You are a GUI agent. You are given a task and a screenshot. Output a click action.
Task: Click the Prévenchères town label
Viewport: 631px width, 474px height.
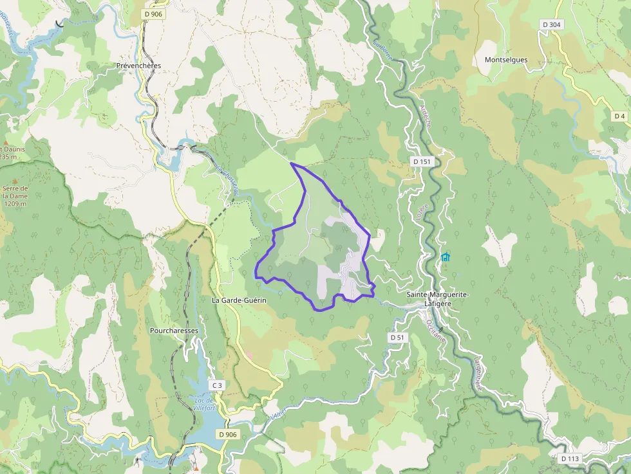(x=138, y=66)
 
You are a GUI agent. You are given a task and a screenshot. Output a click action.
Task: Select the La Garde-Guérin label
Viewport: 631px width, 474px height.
(x=238, y=300)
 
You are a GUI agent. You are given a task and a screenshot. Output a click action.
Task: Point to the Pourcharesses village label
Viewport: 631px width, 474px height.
(x=174, y=331)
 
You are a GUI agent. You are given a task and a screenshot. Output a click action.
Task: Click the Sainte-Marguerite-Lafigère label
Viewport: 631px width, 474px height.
(x=437, y=299)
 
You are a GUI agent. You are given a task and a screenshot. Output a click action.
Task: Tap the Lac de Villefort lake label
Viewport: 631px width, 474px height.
(x=203, y=404)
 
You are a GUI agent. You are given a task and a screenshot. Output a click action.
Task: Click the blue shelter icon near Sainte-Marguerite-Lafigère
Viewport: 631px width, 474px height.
(x=446, y=257)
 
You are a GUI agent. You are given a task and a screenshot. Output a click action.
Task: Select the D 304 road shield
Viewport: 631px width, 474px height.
(x=552, y=24)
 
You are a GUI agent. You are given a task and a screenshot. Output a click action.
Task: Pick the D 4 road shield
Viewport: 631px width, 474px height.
(x=619, y=116)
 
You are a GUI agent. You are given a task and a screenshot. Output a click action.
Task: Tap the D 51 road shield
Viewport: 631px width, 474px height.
(x=397, y=338)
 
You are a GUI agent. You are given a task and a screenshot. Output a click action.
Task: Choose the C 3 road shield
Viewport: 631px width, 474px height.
(x=216, y=386)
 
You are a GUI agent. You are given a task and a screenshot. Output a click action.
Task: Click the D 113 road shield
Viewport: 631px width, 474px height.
(x=570, y=459)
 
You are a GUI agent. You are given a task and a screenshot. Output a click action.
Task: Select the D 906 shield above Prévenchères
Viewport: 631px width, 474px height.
(x=153, y=14)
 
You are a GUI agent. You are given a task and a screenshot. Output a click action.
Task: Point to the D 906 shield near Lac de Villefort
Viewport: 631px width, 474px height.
(x=228, y=435)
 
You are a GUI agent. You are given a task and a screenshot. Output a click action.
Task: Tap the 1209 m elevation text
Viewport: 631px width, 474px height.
(x=14, y=204)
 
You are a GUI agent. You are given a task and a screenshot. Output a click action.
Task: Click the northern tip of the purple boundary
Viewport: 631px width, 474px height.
(x=292, y=164)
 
